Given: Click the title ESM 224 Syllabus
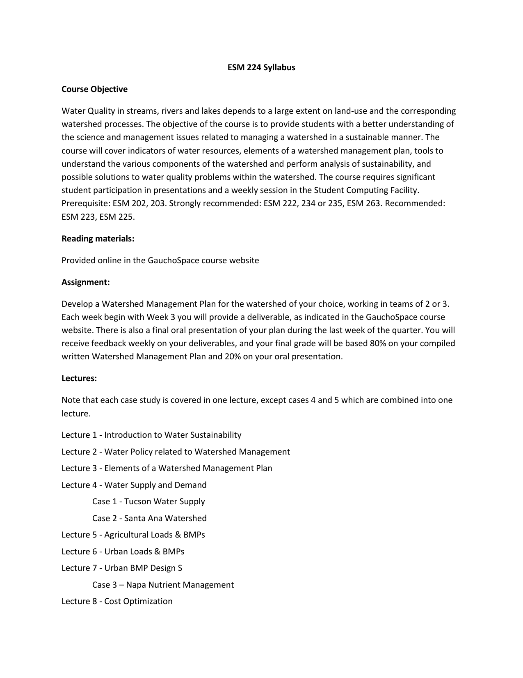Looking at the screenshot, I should (261, 68).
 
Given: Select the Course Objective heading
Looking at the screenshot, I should (94, 90).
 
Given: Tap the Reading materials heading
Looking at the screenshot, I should (98, 239).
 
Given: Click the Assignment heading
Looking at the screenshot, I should (85, 282).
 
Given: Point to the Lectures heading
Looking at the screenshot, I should (79, 379).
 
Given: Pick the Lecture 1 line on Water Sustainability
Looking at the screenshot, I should (151, 435).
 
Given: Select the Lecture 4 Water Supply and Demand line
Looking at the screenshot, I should (134, 485).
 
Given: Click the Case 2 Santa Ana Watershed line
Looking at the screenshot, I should (149, 519).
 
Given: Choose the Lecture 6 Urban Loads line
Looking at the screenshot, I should (123, 552).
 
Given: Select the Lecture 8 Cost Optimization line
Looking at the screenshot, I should (117, 602).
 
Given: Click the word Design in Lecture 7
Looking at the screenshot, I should (163, 568).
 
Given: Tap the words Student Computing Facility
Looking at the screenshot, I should (366, 191).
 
